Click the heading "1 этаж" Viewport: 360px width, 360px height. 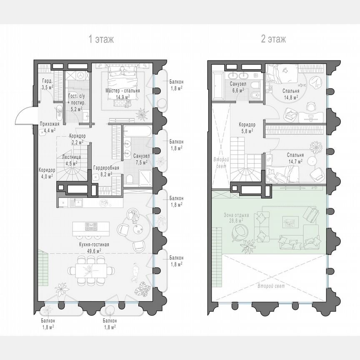(x=101, y=40)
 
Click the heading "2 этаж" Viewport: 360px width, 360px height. (x=273, y=40)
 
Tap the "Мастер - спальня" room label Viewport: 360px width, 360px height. (x=122, y=90)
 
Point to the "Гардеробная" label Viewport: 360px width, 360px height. (x=106, y=168)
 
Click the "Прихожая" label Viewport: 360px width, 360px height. (x=50, y=124)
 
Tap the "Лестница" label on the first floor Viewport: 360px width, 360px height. (x=71, y=157)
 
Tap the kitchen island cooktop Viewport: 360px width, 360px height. (x=91, y=227)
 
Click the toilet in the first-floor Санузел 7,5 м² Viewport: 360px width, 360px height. (x=130, y=180)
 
